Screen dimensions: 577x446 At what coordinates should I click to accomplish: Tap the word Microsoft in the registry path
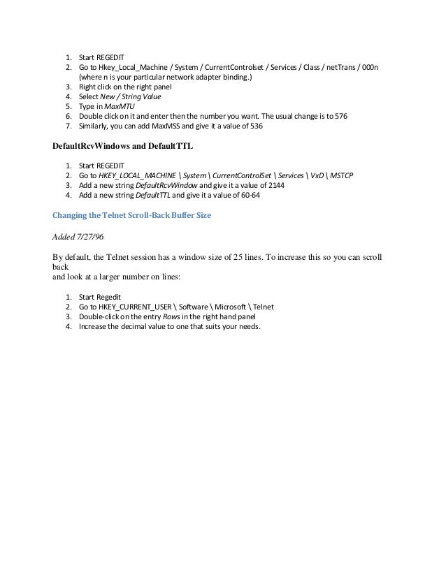[x=232, y=307]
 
